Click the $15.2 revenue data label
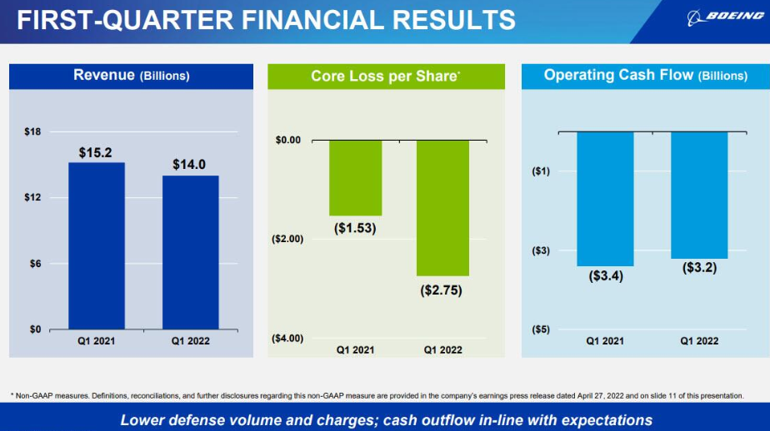click(96, 152)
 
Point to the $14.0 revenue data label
click(189, 165)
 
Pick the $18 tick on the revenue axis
click(32, 131)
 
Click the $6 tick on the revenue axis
click(34, 264)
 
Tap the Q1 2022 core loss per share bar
click(442, 207)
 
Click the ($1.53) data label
click(355, 228)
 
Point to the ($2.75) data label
click(442, 290)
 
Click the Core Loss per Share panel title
click(386, 76)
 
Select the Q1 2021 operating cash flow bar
click(605, 199)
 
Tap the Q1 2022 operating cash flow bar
click(699, 195)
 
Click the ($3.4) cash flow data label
click(605, 276)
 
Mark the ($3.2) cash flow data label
click(699, 268)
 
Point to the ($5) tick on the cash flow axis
click(540, 329)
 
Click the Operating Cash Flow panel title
click(646, 75)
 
